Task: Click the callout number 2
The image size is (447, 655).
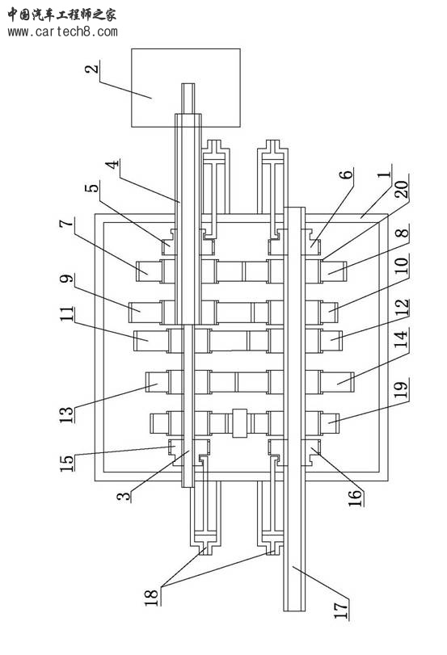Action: click(x=92, y=68)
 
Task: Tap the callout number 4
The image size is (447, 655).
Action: click(x=112, y=164)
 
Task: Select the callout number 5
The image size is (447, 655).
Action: click(x=92, y=187)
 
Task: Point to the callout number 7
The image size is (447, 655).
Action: click(x=66, y=223)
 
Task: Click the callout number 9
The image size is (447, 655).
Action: click(x=66, y=278)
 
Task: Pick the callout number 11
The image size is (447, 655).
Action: click(x=66, y=313)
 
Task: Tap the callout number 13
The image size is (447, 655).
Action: click(x=66, y=414)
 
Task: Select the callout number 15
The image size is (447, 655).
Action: click(x=66, y=463)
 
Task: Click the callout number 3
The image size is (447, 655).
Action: click(x=124, y=496)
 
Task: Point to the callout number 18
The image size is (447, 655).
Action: click(x=151, y=597)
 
